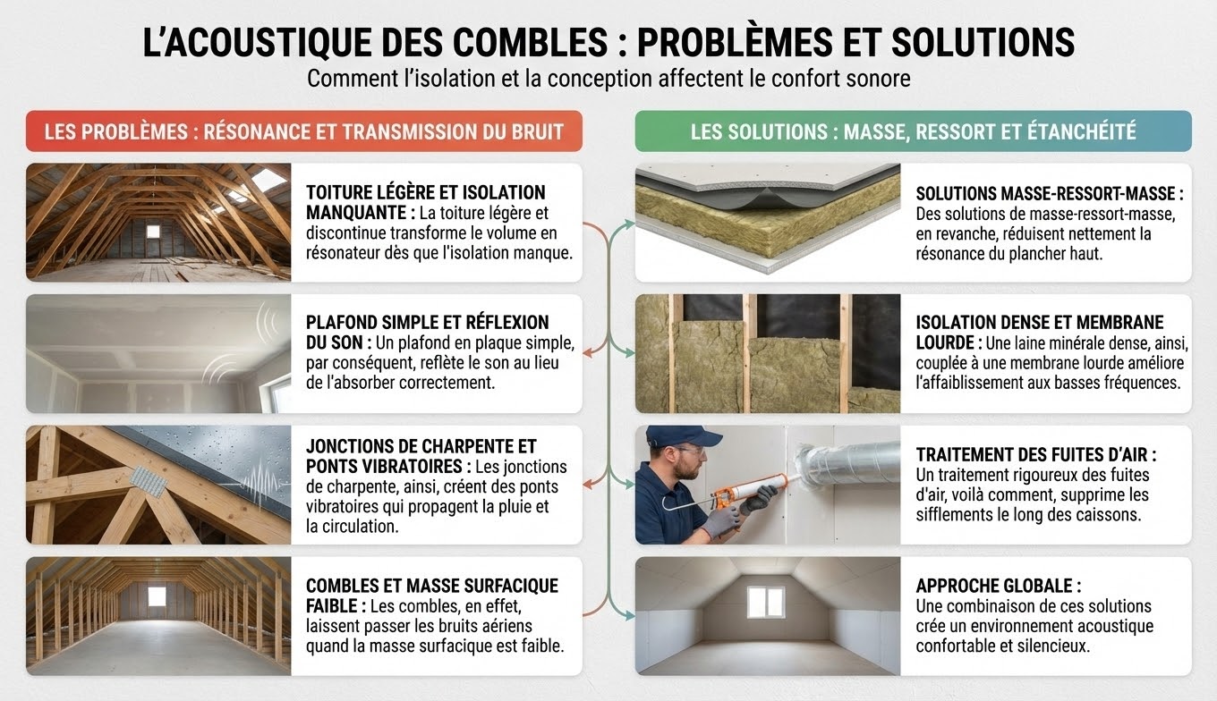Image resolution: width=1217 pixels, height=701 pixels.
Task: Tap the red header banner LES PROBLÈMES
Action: (x=304, y=131)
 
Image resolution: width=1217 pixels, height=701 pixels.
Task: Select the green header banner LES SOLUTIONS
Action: (x=914, y=131)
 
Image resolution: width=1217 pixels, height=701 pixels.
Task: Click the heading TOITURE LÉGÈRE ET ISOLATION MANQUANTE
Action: (x=425, y=203)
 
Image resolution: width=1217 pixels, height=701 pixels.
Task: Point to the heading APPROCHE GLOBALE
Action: (x=998, y=586)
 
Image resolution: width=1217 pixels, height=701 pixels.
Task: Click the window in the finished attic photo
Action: (x=765, y=602)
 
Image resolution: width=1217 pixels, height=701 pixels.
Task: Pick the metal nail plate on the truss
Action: (x=149, y=480)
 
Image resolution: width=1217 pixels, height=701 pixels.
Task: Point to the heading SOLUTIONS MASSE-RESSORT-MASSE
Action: (x=1049, y=194)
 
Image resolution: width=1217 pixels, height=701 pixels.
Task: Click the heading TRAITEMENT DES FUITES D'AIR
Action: (x=1035, y=454)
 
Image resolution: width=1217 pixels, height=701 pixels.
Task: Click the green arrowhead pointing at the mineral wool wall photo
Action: (x=629, y=353)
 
